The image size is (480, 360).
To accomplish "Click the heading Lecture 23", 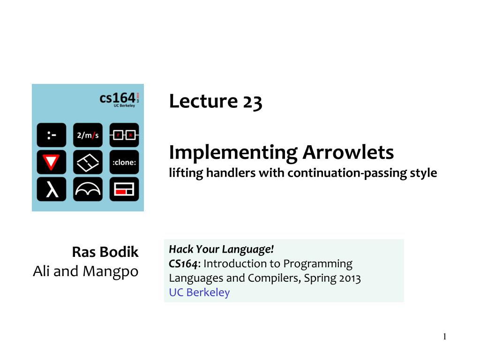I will point(216,101).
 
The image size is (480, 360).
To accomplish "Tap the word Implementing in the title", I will point(233,153).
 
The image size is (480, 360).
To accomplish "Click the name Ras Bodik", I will point(105,252).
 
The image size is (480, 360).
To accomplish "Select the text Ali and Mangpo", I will point(86,271).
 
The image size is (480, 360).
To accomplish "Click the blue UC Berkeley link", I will point(199,292).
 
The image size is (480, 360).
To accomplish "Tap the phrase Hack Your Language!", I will point(221,249).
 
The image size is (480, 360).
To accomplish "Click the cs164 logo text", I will point(117,98).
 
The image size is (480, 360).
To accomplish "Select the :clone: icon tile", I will point(124,162).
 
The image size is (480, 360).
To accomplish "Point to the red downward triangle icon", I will point(52,162).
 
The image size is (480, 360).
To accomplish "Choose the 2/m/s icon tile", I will point(88,135).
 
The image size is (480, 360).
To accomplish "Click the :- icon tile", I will point(52,135).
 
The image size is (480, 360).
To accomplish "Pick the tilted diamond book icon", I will point(88,162).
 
